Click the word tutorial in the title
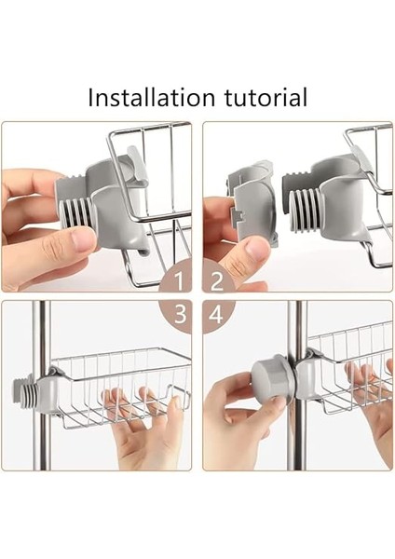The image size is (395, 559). click(x=266, y=97)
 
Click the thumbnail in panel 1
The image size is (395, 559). click(x=83, y=239)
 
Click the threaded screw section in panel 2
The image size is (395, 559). click(x=306, y=211)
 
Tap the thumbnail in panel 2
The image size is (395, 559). click(x=257, y=250)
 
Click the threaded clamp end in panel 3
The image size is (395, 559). click(x=26, y=391)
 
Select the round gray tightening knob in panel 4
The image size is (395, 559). click(x=274, y=376)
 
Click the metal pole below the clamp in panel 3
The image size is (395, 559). click(x=42, y=441)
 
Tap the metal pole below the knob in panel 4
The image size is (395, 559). click(x=297, y=435)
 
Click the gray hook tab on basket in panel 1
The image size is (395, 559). click(x=137, y=164)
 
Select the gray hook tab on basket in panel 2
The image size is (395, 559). click(x=361, y=159)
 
